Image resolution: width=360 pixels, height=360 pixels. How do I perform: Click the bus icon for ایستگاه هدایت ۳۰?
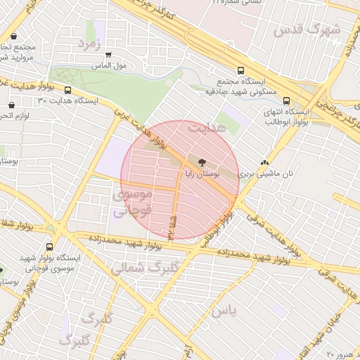pos(68,90)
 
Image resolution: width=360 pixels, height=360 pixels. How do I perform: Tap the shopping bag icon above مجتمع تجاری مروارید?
pos(15,35)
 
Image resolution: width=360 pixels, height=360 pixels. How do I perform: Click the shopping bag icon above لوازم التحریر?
pos(11,105)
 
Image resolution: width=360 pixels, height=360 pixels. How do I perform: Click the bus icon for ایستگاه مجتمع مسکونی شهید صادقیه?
pos(240,70)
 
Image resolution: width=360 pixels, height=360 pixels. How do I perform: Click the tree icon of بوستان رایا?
pos(204,161)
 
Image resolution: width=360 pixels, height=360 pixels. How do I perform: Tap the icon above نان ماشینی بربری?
pos(264,161)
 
